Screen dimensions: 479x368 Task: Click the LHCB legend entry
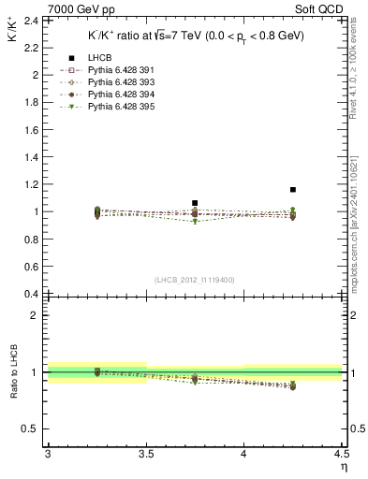(x=98, y=59)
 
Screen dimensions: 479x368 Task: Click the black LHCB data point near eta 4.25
(x=293, y=190)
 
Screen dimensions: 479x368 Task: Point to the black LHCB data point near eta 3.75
(x=195, y=203)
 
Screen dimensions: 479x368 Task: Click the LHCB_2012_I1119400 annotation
(x=194, y=280)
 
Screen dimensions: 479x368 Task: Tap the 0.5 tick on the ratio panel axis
(x=34, y=428)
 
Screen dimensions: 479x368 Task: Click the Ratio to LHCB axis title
(x=14, y=373)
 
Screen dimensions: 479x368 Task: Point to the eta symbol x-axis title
(x=344, y=466)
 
